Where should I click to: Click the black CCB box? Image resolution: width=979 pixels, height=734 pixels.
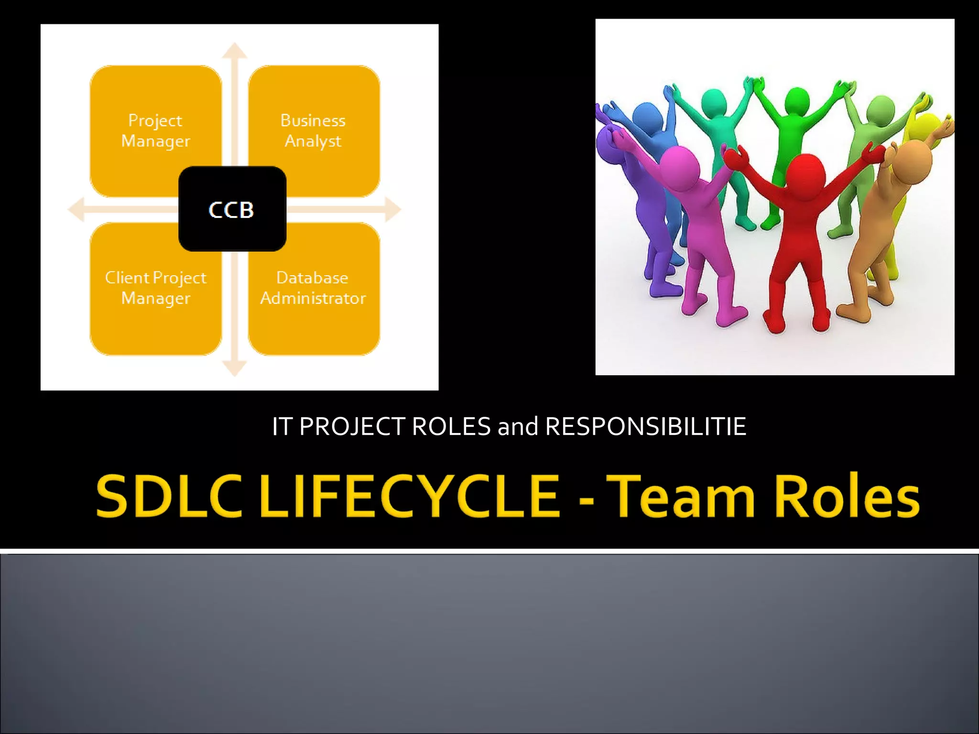tap(232, 209)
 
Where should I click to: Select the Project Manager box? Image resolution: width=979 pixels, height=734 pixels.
tap(155, 130)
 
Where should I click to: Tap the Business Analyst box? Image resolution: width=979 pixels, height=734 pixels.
tap(314, 130)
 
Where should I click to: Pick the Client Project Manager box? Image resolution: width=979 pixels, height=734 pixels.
tap(155, 288)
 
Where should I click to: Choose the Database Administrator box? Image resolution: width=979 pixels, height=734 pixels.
tap(314, 288)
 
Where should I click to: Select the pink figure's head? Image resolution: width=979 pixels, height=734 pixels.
tap(679, 164)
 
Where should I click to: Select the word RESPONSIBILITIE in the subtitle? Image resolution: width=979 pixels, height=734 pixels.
tap(645, 426)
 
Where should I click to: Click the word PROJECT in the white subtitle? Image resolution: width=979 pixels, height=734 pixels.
tap(352, 426)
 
